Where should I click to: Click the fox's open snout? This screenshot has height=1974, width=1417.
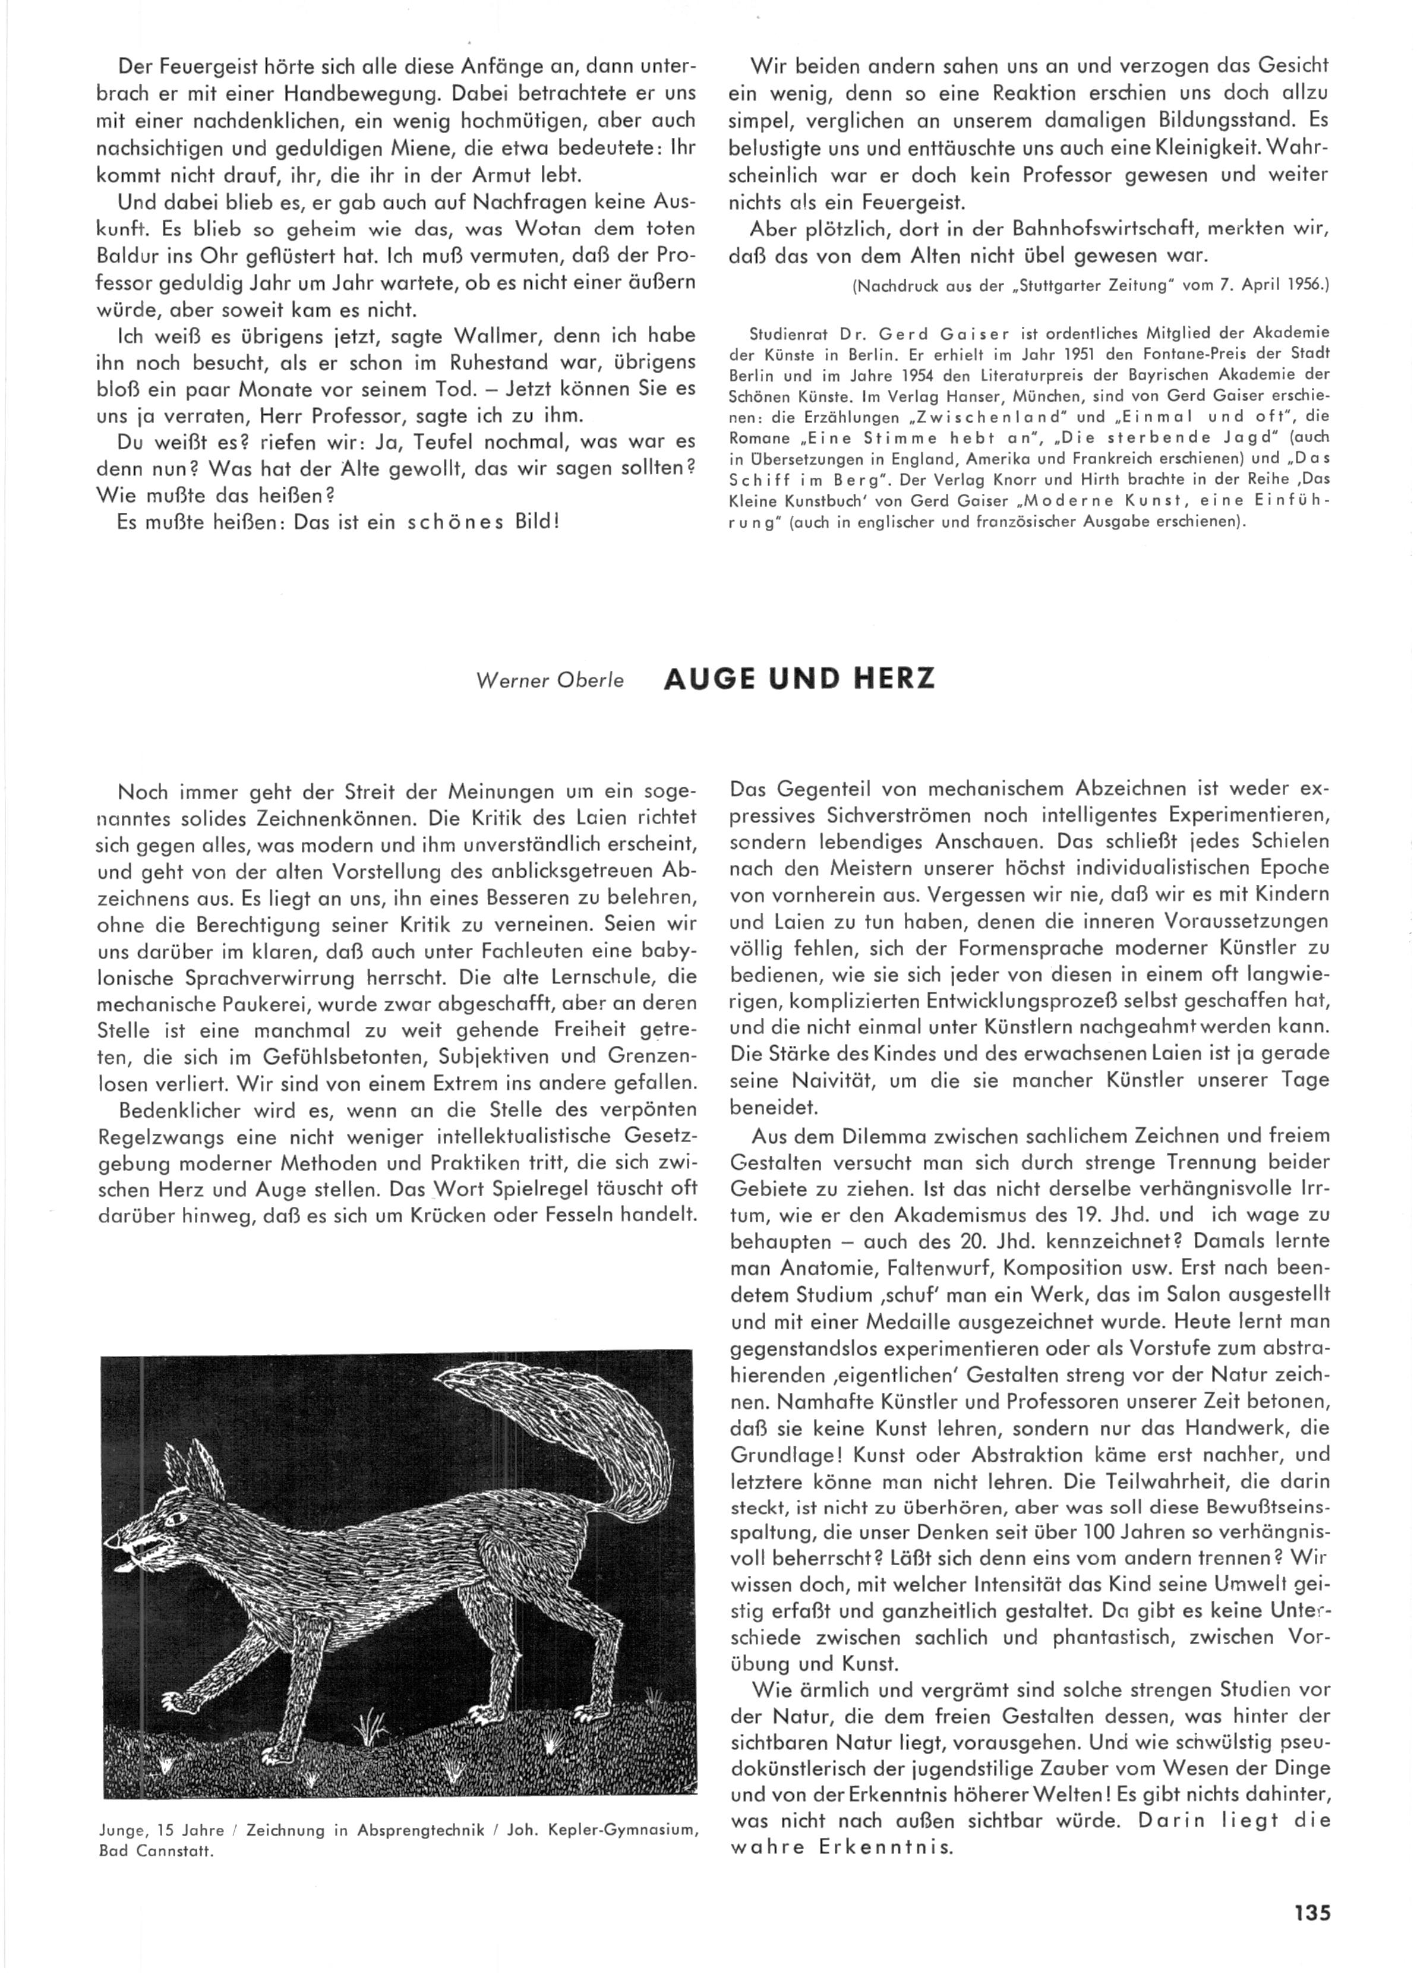(131, 1546)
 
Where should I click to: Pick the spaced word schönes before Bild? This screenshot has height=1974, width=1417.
(453, 523)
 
